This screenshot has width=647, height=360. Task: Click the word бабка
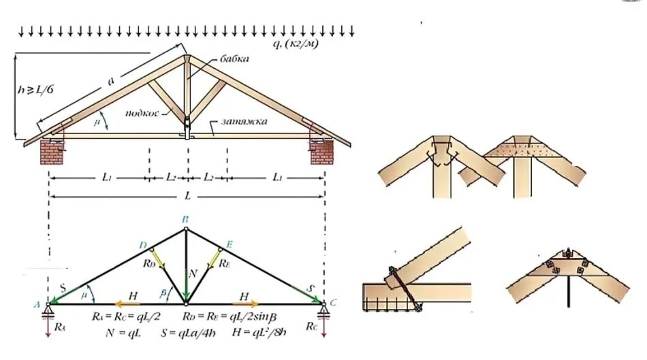[x=235, y=59]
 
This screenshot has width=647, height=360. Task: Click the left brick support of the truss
[x=52, y=152]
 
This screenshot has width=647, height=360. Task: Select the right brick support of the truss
[x=321, y=152]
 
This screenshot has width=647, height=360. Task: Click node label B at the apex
[x=185, y=220]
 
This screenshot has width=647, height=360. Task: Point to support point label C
[x=333, y=303]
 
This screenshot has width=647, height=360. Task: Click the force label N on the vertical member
[x=193, y=273]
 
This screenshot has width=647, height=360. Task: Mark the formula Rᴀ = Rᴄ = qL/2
[x=126, y=317]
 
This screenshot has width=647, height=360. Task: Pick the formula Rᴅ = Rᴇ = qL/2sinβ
[x=229, y=317]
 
